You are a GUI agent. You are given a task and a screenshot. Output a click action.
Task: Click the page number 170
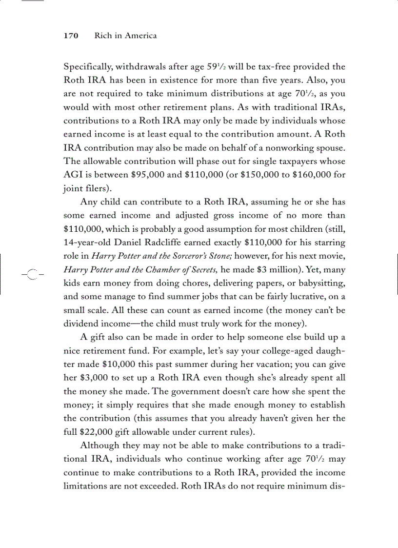[71, 36]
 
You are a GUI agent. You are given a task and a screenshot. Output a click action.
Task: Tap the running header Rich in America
[125, 36]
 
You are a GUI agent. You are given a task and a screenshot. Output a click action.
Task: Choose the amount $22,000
[99, 431]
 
